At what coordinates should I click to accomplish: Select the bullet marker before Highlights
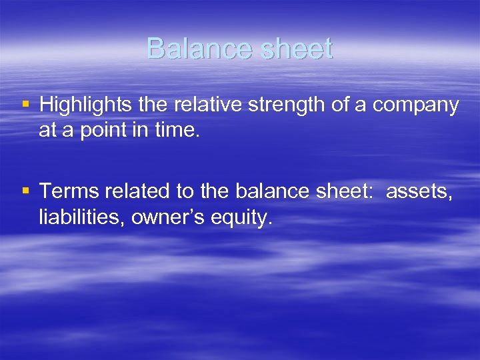click(26, 104)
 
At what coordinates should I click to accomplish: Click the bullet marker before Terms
click(26, 191)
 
